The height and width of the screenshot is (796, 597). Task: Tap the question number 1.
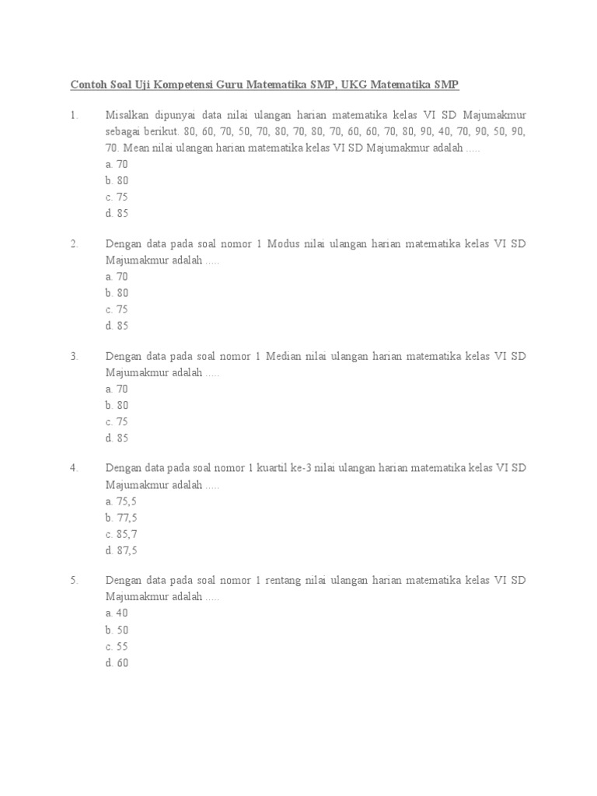(74, 115)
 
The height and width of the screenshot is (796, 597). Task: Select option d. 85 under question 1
(117, 213)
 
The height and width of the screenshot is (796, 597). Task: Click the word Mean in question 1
(145, 148)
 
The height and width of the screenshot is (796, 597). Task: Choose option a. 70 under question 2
(117, 276)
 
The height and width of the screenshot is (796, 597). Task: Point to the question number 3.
(74, 356)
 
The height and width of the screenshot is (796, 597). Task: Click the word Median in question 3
(285, 356)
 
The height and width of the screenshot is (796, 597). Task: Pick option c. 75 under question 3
(117, 421)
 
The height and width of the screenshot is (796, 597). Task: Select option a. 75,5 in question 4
(120, 501)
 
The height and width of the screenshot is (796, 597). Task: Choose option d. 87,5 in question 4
(120, 550)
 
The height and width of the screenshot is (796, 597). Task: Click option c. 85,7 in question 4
(120, 534)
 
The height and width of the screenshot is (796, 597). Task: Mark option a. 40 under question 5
(117, 613)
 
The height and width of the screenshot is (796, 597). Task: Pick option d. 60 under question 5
(117, 663)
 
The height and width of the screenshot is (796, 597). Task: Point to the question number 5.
(74, 581)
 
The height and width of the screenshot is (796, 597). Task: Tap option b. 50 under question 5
(117, 630)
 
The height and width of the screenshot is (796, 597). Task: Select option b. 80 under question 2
(117, 293)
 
